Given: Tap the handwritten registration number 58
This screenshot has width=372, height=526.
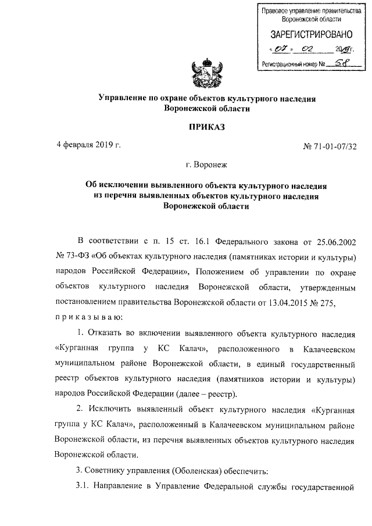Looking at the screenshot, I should click(334, 63).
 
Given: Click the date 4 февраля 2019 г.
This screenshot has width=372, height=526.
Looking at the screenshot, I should click(88, 144).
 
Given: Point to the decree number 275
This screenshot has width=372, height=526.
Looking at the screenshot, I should click(327, 303).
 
